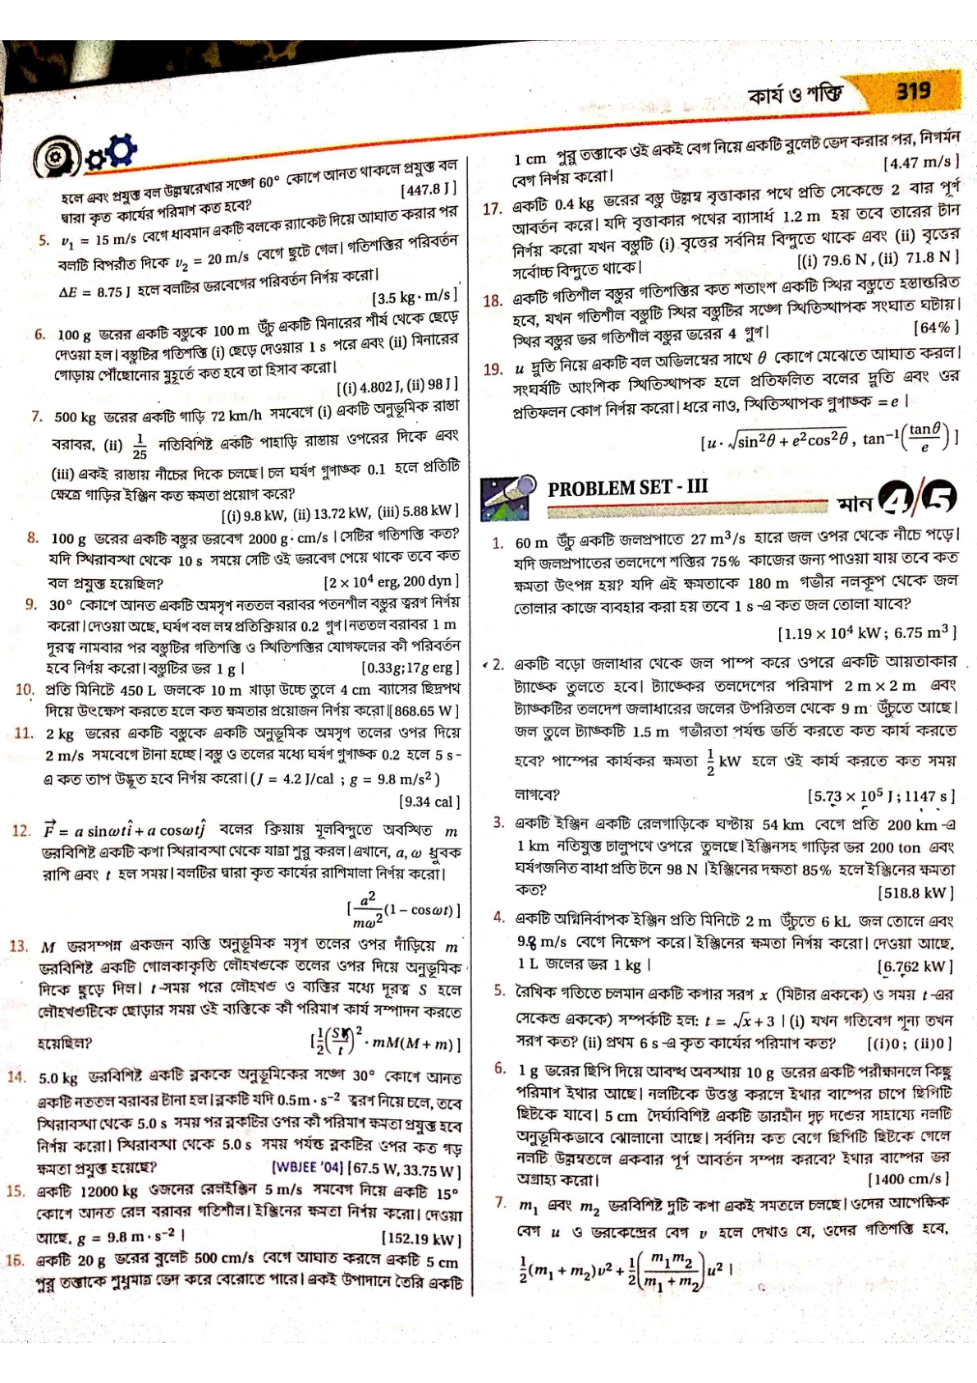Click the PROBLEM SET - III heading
point(627,487)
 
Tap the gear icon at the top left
point(121,149)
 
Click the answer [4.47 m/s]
point(920,163)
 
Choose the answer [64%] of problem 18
point(935,328)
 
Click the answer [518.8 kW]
point(915,892)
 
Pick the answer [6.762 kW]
point(915,967)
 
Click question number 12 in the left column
point(21,831)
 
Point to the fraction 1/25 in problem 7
point(140,446)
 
